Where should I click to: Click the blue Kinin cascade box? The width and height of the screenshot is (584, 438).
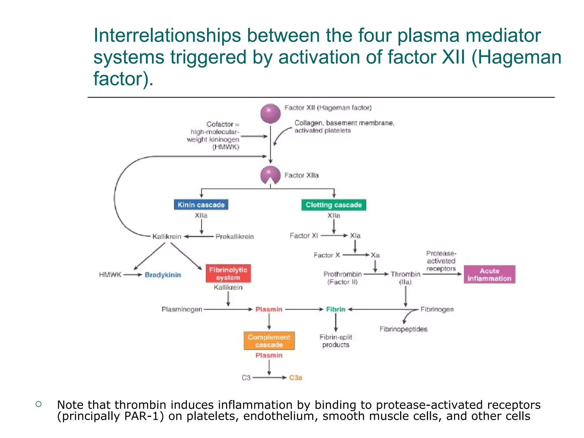coord(201,205)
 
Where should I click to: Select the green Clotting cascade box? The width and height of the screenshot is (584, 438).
coord(334,205)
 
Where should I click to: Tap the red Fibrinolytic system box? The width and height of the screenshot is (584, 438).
coord(228,273)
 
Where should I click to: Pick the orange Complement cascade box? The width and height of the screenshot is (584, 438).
coord(269,341)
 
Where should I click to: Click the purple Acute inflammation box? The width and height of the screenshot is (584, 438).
coord(489,274)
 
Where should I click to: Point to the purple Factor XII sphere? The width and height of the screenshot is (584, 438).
coord(270,113)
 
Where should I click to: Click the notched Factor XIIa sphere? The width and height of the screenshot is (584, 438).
coord(270,175)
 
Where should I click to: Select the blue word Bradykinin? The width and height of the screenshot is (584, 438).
coord(163,275)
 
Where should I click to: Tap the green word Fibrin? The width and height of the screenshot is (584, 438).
coord(336,309)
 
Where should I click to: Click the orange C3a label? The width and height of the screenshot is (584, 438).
coord(295,378)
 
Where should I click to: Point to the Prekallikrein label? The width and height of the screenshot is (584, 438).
coord(234,236)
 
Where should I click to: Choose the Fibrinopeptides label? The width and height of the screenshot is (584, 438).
coord(403,329)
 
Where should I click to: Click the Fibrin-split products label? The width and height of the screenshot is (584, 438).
coord(336,341)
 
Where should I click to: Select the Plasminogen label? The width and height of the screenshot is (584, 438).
coord(182,309)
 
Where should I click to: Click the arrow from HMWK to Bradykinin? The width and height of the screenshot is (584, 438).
coord(133,275)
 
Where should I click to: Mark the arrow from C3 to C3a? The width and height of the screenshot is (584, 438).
coord(269,378)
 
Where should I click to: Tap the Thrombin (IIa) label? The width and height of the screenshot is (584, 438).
coord(405,278)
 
